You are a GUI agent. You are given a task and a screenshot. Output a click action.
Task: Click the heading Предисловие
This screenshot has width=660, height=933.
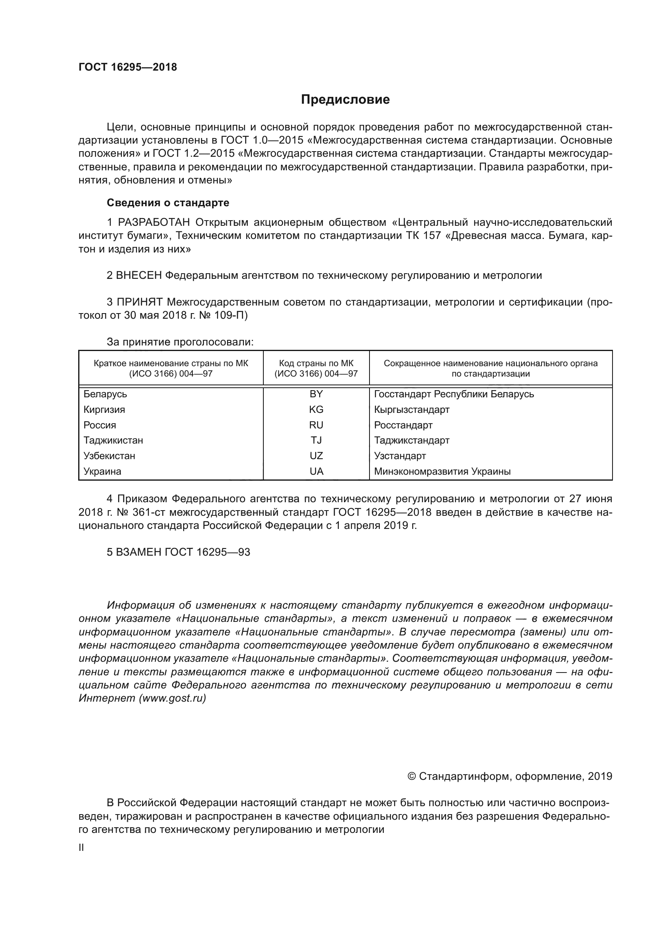pos(345,100)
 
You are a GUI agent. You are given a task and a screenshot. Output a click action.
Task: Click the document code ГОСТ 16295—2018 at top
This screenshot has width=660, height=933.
pos(128,67)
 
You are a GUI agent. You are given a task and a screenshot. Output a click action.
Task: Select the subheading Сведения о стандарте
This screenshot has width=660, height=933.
pos(168,202)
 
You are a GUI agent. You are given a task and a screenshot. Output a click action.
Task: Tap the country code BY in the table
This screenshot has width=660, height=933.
pos(316,394)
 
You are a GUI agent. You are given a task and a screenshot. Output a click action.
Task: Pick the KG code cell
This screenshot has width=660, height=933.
pos(316,409)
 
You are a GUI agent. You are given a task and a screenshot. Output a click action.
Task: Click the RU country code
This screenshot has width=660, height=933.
pos(316,425)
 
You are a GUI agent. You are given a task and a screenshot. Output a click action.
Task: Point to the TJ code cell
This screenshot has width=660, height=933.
pos(316,440)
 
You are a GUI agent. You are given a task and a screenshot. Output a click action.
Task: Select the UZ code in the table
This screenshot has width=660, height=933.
pos(316,456)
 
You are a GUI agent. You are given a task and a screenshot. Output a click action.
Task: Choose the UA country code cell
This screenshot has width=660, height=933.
pos(316,471)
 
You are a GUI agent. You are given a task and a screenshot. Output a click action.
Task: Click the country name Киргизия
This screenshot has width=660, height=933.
pos(104,409)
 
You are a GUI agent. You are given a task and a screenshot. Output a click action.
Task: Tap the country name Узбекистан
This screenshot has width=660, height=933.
pos(109,456)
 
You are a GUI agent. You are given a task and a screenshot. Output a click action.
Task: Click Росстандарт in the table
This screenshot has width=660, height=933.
pos(403,425)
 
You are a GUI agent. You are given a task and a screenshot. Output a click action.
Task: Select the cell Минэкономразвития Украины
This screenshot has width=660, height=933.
pos(442,471)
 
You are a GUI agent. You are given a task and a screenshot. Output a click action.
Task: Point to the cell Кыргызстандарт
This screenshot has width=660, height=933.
pos(412,409)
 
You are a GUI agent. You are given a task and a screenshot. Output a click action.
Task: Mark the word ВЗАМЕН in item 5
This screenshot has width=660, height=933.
pos(138,552)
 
